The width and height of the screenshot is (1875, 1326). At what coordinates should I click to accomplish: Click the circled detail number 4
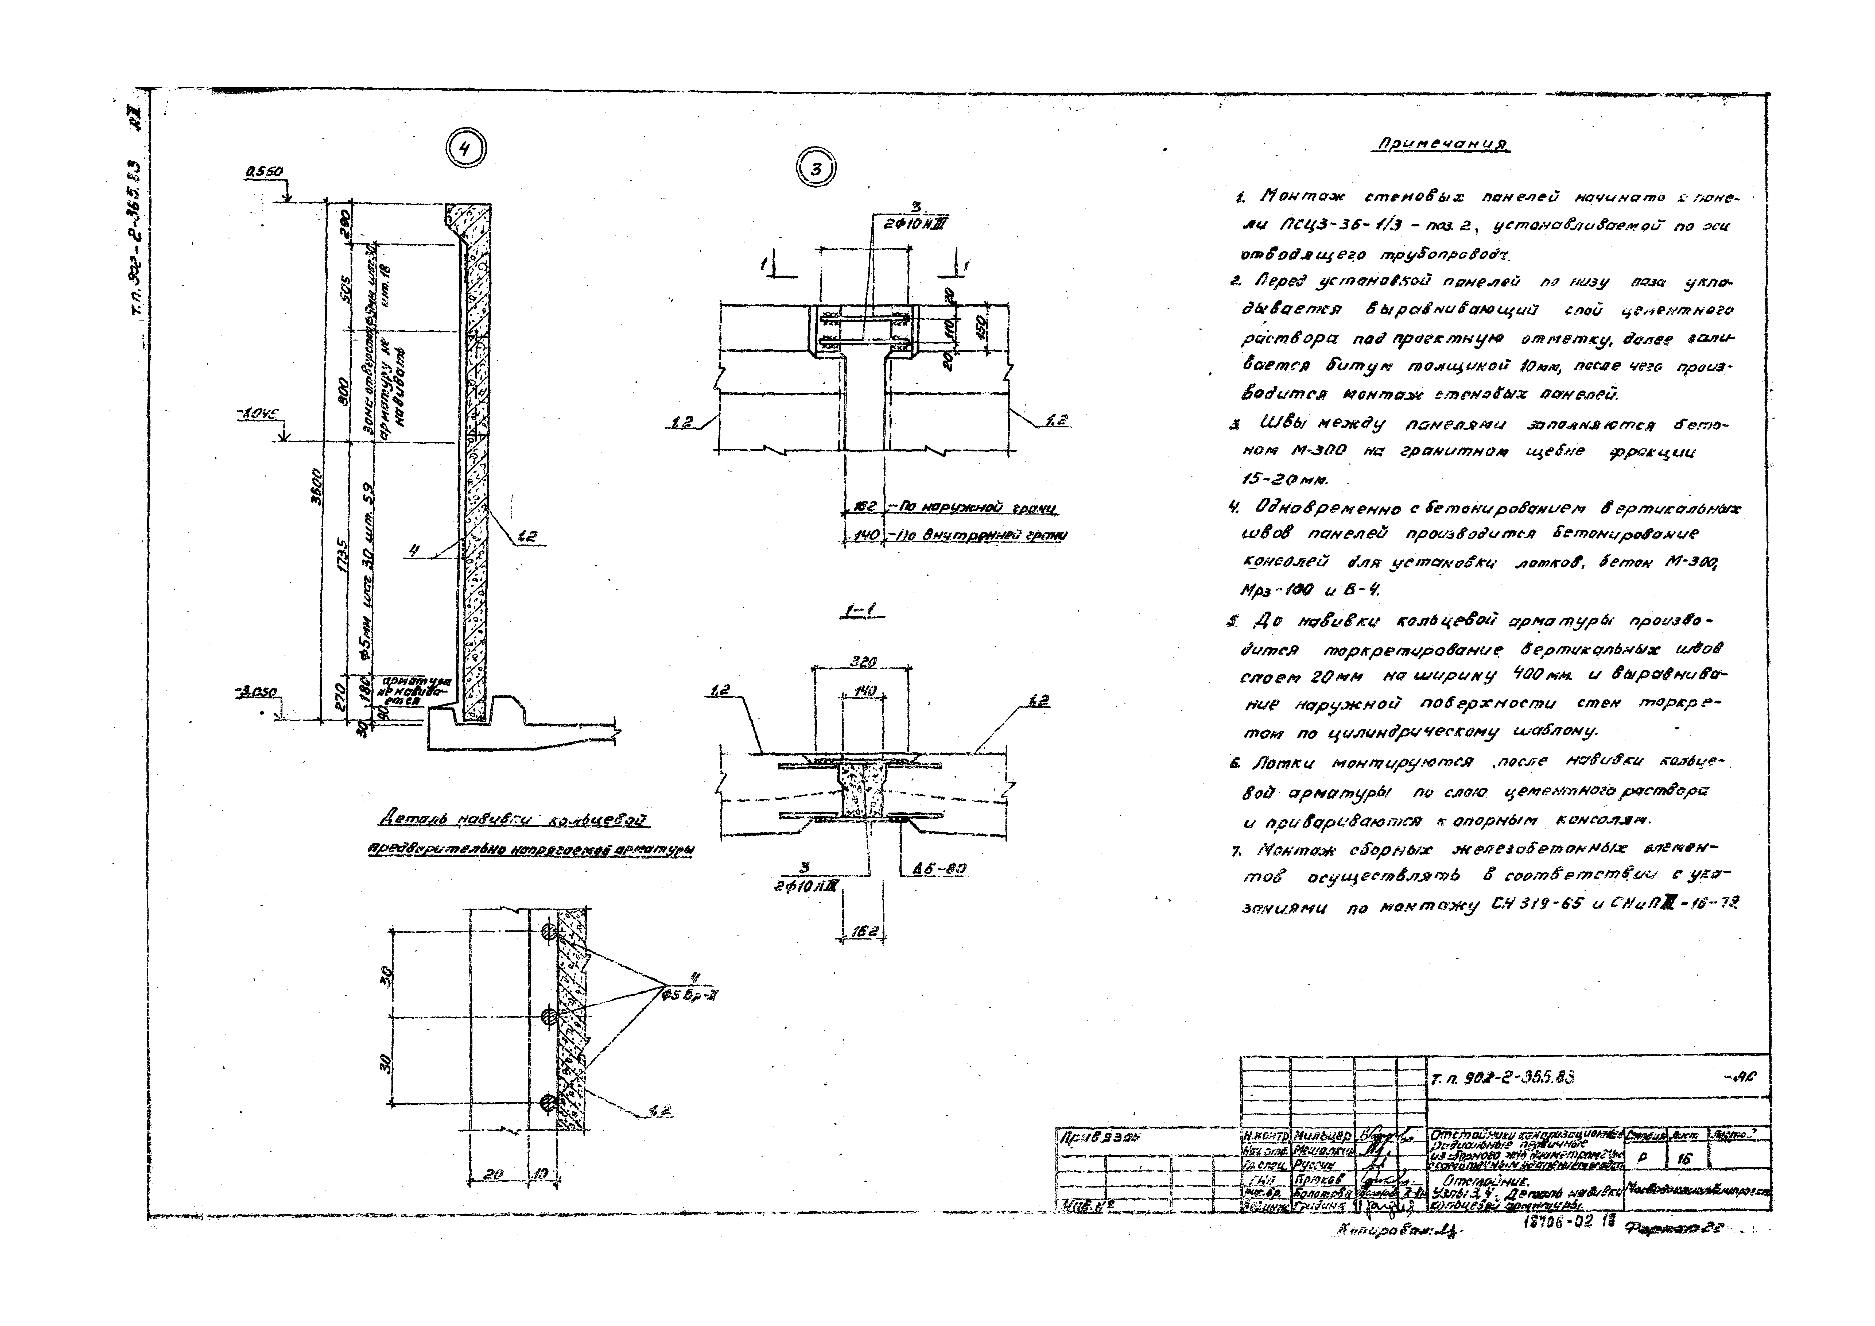point(465,149)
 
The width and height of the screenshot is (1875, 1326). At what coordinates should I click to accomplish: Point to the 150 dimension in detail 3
point(982,328)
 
